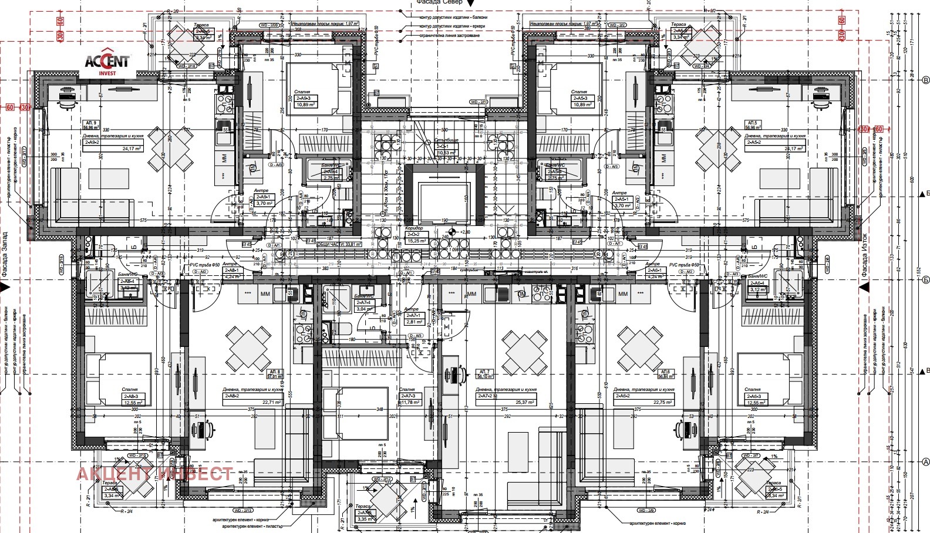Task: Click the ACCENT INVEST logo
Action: [108, 63]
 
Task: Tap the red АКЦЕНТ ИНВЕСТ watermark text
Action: [154, 474]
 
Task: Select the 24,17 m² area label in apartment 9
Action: [132, 149]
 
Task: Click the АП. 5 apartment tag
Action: [752, 124]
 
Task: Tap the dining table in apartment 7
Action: [524, 352]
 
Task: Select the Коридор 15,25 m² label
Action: [416, 237]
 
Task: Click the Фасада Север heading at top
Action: [440, 3]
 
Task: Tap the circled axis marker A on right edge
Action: [926, 461]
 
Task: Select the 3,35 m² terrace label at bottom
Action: [365, 519]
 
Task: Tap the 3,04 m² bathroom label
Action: [364, 309]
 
